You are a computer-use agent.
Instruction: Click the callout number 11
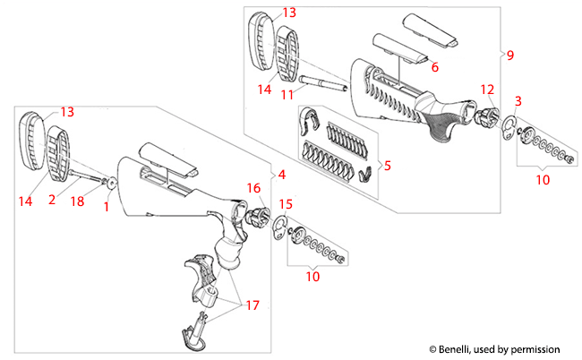click(287, 94)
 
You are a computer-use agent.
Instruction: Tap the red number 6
click(435, 67)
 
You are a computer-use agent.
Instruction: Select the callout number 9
click(509, 56)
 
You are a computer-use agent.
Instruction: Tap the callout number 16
click(253, 189)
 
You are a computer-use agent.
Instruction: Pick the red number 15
click(285, 205)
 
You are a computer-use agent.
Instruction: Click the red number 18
click(78, 202)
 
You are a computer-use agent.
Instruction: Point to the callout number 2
click(52, 201)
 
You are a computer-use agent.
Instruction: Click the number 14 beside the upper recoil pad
click(264, 90)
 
